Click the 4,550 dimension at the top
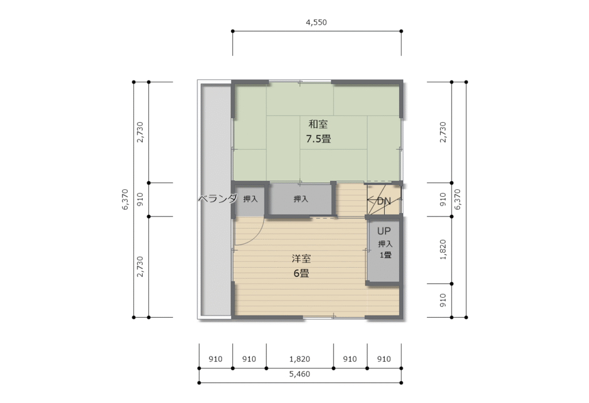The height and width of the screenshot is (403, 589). coord(316,22)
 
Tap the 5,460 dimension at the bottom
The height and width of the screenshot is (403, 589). coord(300,374)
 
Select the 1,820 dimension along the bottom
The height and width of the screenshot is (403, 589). coord(300,359)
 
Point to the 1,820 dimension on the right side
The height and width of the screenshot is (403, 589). coord(443,250)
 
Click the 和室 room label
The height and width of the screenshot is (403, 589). coord(318,124)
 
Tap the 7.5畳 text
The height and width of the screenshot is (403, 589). coord(318,139)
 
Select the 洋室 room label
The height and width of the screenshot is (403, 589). coord(301,258)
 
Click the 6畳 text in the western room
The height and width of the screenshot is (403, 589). coord(301,273)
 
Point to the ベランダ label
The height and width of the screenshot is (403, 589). coord(217,199)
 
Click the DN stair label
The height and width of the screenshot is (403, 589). coord(384,201)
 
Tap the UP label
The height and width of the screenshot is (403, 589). coord(384,231)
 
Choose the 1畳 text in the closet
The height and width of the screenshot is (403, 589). coord(385,255)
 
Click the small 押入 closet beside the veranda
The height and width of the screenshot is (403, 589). coord(250,199)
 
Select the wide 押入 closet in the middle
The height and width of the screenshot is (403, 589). coord(301,199)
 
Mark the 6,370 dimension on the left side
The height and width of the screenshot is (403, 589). coord(125,200)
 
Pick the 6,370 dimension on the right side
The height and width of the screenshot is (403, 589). coord(458,200)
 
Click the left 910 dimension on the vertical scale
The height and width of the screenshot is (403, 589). coord(140,200)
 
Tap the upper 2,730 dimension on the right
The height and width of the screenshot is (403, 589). coord(443,132)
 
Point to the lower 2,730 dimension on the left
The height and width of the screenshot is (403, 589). coord(140,267)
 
